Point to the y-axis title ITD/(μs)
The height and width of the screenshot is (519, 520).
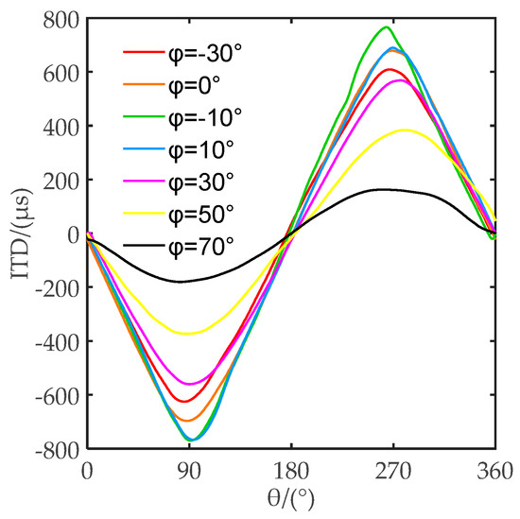[17, 234]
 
